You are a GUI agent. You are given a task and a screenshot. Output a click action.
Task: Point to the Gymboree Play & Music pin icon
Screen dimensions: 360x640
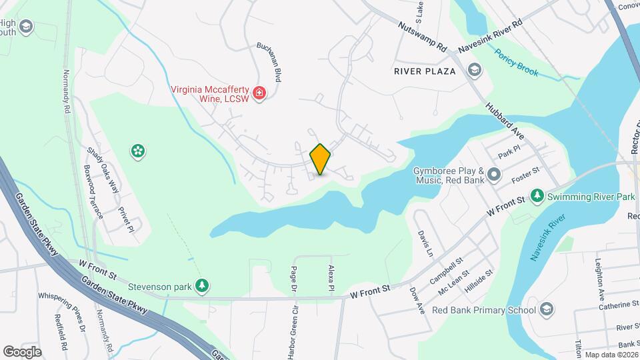494,175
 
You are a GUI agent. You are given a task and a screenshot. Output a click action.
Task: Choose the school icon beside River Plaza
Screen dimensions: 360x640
474,70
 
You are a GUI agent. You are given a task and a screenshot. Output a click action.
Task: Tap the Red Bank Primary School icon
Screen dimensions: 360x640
547,309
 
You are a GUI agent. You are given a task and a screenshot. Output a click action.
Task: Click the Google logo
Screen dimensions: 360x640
22,351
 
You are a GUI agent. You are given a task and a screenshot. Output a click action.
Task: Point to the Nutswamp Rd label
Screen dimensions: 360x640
423,37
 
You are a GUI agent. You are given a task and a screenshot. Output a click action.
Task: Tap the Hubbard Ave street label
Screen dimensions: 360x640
505,121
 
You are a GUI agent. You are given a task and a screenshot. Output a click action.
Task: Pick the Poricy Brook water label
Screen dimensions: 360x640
516,62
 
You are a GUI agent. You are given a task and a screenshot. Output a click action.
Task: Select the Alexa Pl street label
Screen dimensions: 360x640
331,277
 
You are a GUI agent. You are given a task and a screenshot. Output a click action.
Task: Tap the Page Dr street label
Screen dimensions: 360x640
293,279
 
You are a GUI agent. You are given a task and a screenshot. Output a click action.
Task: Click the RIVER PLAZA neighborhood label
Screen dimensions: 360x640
425,71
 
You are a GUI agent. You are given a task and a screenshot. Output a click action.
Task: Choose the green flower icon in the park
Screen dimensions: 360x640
139,151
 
